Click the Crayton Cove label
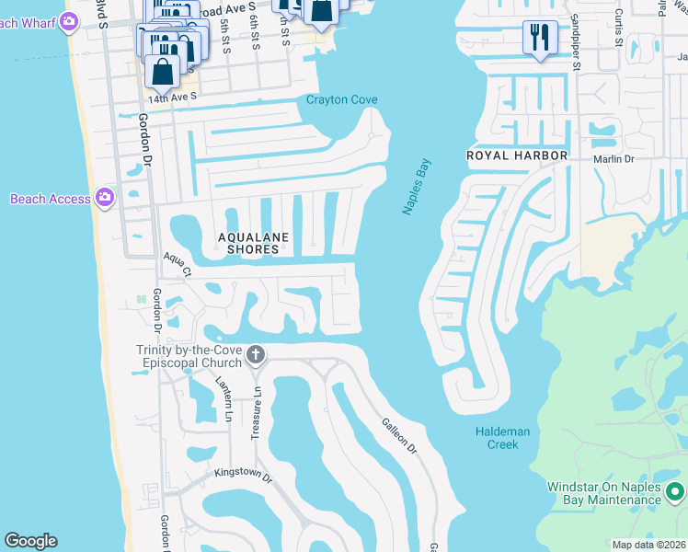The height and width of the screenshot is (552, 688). pyautogui.click(x=342, y=100)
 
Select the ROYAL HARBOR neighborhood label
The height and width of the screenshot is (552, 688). pyautogui.click(x=517, y=155)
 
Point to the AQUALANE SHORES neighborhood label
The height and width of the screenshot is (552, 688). pyautogui.click(x=253, y=243)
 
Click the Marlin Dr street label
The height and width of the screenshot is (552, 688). pyautogui.click(x=615, y=159)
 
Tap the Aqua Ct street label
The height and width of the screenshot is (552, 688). pyautogui.click(x=177, y=265)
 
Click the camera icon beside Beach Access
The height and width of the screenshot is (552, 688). pyautogui.click(x=106, y=198)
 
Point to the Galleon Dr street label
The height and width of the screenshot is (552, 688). pyautogui.click(x=399, y=435)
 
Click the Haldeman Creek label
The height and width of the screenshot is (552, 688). pyautogui.click(x=497, y=438)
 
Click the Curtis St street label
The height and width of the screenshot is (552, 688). pyautogui.click(x=619, y=29)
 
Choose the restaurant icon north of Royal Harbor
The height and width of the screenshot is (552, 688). pyautogui.click(x=539, y=38)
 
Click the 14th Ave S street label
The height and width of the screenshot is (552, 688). pyautogui.click(x=175, y=97)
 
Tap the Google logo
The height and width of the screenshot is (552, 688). pyautogui.click(x=30, y=541)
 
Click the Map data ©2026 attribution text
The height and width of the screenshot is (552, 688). pyautogui.click(x=648, y=545)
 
